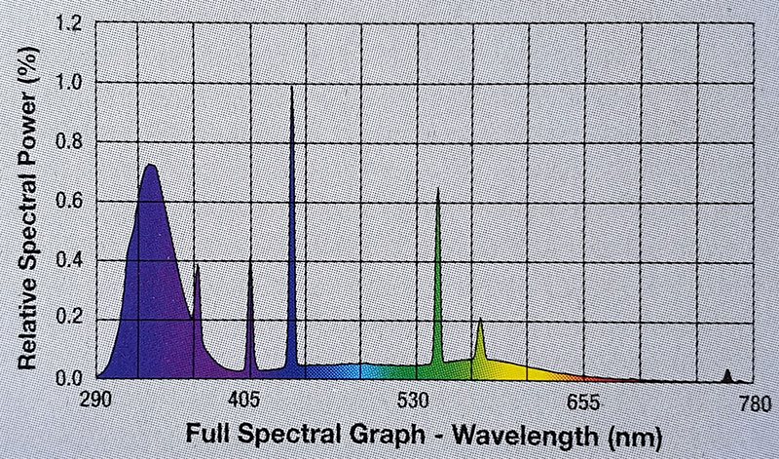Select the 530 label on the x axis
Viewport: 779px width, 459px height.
click(417, 400)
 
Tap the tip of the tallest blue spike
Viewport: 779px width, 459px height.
click(291, 88)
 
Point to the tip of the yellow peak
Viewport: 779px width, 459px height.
click(480, 319)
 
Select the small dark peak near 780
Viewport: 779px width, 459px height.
click(727, 371)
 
